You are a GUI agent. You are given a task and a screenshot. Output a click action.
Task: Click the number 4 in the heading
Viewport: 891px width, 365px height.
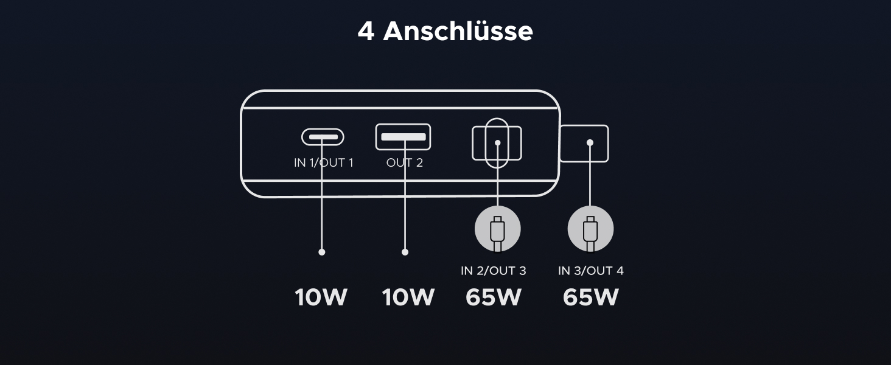[x=365, y=31]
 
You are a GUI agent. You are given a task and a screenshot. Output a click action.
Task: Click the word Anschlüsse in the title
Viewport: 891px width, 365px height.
[x=458, y=31]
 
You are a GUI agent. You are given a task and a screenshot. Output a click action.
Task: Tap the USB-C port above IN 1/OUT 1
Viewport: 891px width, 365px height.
[x=323, y=137]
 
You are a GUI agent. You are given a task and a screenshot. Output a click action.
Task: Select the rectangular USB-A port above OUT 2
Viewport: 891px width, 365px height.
[x=403, y=137]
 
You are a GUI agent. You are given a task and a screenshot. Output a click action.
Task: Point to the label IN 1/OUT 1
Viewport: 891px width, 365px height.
[x=323, y=163]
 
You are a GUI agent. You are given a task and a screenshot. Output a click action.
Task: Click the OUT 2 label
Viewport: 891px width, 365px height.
[x=404, y=163]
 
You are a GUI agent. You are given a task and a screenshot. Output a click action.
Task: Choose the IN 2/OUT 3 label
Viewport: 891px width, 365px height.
[x=494, y=271]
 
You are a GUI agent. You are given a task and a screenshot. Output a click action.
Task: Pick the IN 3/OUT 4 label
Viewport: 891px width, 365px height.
[x=590, y=271]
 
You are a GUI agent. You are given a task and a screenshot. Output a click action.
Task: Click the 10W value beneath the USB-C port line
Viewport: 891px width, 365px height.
[x=321, y=297]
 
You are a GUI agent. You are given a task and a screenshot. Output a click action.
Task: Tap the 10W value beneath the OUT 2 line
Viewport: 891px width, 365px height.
[x=408, y=297]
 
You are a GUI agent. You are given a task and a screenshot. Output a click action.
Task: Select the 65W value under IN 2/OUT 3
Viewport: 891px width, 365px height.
[x=494, y=297]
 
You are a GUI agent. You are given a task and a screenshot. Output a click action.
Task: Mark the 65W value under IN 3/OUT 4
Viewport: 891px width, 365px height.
[x=590, y=297]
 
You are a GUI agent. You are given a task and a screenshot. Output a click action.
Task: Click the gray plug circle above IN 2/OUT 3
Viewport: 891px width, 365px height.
[x=498, y=229]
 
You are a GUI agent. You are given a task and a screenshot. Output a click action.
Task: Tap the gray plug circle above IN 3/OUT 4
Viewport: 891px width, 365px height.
[x=590, y=229]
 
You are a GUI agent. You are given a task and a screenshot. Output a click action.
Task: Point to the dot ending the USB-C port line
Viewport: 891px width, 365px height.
[x=322, y=252]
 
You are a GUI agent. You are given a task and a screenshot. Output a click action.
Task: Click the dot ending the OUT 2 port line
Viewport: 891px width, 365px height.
[x=405, y=252]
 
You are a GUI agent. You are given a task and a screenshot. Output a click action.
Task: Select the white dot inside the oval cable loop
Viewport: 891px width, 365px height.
[x=498, y=144]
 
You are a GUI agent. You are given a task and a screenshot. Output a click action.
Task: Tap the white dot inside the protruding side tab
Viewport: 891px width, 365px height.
[x=589, y=143]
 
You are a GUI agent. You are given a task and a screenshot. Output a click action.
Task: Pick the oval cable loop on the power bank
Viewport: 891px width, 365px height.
[x=498, y=123]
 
